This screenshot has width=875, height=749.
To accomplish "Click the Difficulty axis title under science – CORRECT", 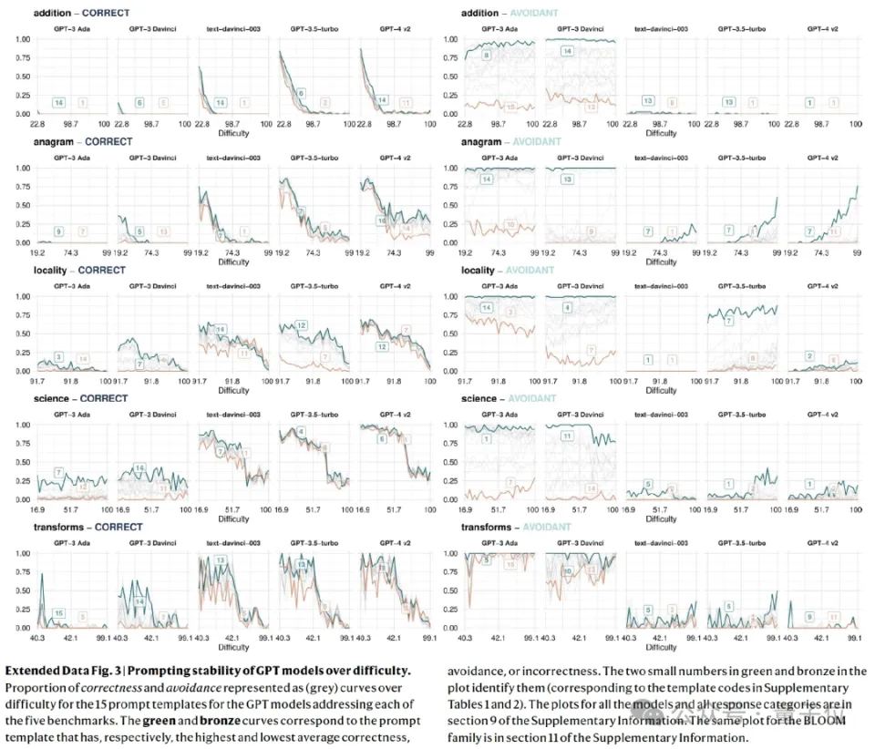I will click(234, 518).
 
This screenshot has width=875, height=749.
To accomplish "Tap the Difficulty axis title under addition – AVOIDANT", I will click(662, 133).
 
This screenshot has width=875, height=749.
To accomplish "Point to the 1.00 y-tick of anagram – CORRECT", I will click(21, 169).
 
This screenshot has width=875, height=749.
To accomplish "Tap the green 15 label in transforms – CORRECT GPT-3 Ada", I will click(58, 614).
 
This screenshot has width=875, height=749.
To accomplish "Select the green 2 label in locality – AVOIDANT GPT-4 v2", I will click(809, 355).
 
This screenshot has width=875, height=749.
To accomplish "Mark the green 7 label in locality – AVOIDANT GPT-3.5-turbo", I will click(728, 321).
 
